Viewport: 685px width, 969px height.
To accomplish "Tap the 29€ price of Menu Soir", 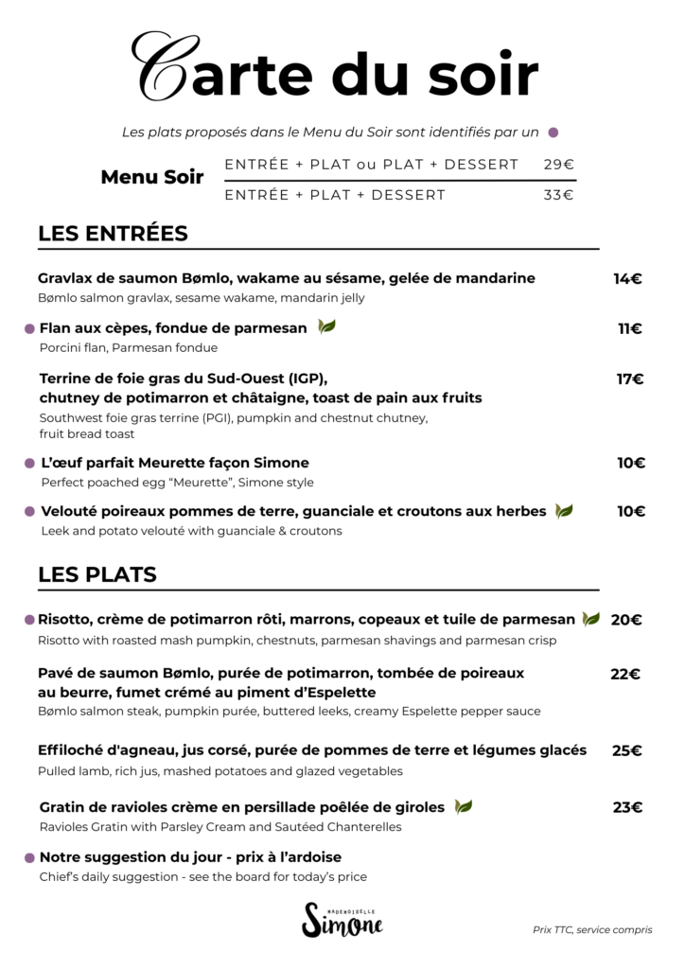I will (559, 165).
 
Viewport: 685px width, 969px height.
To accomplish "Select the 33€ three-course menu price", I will (559, 196).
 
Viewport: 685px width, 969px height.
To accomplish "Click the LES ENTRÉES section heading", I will (113, 234).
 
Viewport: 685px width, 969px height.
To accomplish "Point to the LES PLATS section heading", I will (97, 574).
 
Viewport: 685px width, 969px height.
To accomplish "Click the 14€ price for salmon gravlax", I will (627, 278).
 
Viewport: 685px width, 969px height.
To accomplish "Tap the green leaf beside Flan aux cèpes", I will (326, 327).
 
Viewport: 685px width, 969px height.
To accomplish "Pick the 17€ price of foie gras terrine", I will (630, 379).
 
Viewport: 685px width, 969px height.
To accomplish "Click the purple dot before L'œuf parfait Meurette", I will (29, 464).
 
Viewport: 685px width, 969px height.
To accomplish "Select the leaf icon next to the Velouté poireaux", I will (564, 511).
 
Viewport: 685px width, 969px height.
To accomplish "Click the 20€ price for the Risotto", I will (626, 620).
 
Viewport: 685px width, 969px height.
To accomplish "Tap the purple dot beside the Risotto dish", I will (29, 620).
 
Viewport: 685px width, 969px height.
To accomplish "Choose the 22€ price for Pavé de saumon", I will (625, 674).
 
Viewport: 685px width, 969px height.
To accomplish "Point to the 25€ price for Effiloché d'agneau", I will (626, 750).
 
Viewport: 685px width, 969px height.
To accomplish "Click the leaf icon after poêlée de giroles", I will (464, 807).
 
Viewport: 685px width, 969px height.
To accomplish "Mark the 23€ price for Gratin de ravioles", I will (627, 807).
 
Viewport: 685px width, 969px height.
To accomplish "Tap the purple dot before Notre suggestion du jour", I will (29, 857).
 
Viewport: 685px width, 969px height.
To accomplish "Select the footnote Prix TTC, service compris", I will (592, 930).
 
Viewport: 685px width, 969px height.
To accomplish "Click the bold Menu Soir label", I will (152, 177).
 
